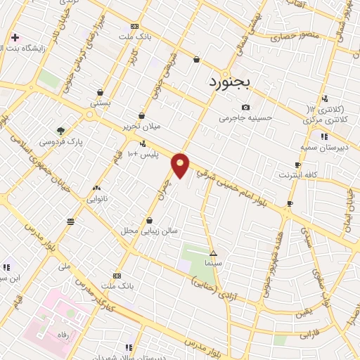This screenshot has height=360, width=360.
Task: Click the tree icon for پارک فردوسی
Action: coord(60,131)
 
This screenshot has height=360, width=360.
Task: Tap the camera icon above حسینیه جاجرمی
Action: coord(245,106)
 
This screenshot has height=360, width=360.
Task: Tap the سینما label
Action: coord(213,262)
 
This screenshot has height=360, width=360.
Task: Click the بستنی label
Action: coord(99,103)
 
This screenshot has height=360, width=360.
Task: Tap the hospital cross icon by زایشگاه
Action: coord(15,37)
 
